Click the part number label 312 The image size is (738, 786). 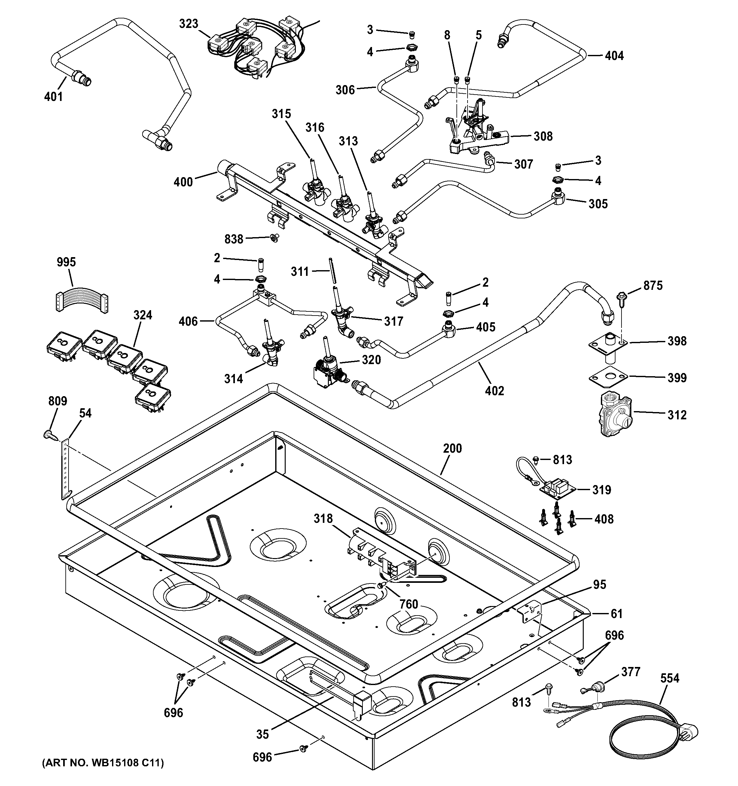click(677, 415)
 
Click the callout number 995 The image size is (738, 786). click(66, 262)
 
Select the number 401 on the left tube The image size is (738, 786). click(53, 96)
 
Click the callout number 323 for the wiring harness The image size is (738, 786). click(189, 24)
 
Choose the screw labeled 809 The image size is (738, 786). click(50, 435)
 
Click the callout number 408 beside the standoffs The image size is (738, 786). click(604, 519)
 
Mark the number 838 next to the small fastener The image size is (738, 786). click(234, 239)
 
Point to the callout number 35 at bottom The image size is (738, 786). click(263, 734)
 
